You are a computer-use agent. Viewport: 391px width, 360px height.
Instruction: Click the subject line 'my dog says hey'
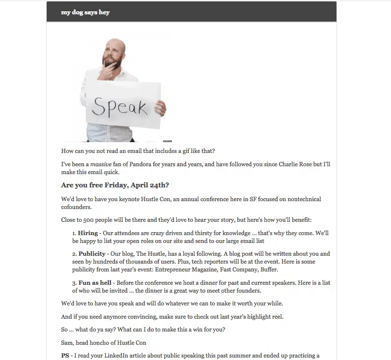[85, 12]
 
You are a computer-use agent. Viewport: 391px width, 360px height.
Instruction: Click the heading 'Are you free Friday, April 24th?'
[115, 185]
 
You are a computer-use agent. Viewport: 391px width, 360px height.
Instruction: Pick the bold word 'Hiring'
[88, 233]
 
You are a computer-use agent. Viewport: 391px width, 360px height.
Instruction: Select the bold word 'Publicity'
[92, 254]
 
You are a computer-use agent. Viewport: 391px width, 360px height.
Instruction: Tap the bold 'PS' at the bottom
[66, 356]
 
